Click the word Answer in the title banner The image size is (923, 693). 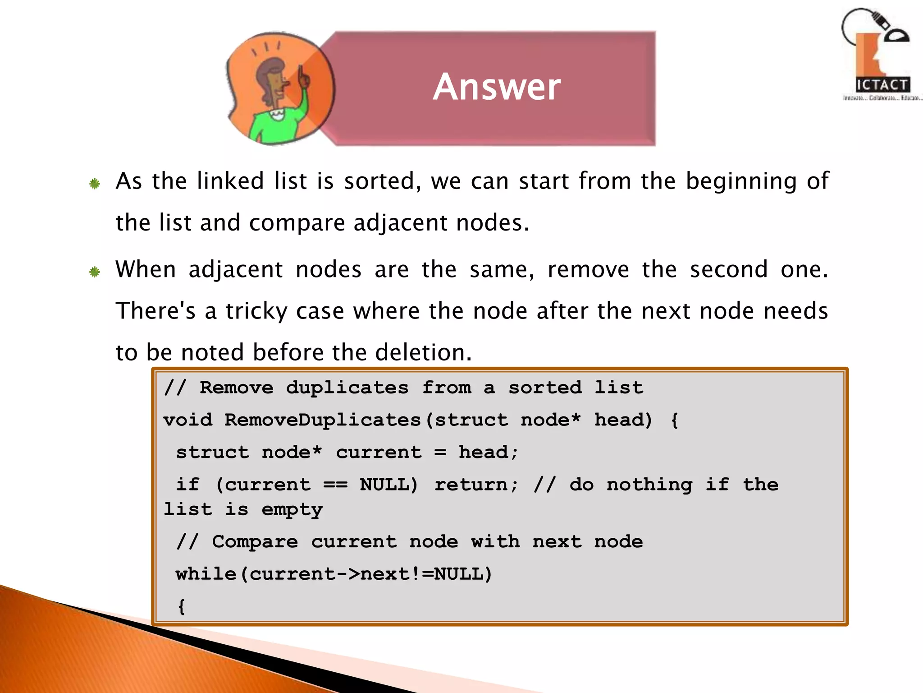tap(497, 87)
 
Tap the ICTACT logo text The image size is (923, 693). tap(882, 85)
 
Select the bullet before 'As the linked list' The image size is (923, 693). tap(95, 184)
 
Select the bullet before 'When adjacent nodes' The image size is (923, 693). tap(95, 272)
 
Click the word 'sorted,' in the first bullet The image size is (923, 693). tap(383, 181)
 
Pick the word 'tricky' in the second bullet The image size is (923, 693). tap(256, 311)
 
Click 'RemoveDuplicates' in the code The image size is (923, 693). tap(323, 420)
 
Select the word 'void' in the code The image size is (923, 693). tap(187, 420)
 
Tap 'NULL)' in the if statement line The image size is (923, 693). tap(389, 485)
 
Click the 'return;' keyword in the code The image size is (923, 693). tap(476, 485)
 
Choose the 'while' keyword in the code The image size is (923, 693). tap(206, 574)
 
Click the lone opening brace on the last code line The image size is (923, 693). tap(181, 606)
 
